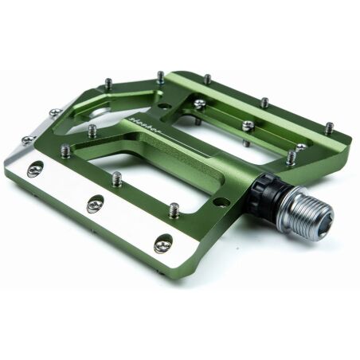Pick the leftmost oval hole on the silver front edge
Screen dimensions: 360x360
35,168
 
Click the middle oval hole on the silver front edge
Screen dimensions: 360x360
95,204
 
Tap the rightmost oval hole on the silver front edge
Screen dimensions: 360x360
162,245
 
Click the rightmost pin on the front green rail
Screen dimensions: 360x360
174,210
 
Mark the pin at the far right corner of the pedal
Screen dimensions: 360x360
329,127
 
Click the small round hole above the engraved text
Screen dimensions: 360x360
162,104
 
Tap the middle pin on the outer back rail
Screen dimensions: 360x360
264,103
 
